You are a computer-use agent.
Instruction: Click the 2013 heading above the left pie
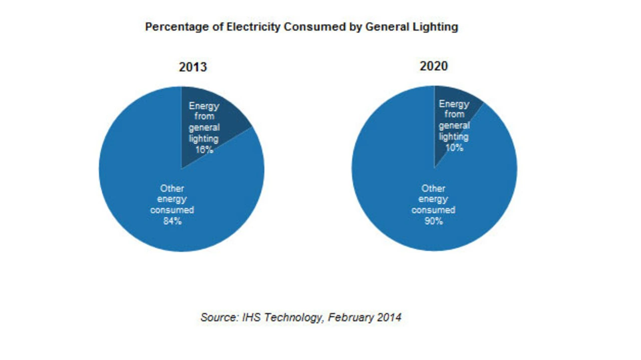(x=193, y=67)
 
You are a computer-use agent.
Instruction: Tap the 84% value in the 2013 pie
(x=172, y=221)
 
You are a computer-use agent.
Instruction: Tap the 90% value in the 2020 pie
(x=434, y=221)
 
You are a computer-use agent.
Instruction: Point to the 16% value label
(x=204, y=149)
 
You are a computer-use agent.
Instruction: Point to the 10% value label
(x=454, y=148)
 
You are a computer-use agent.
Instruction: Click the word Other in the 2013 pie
(x=172, y=189)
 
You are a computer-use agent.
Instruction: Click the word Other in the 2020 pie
(x=434, y=189)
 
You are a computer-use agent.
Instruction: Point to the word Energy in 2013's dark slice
(x=204, y=106)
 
